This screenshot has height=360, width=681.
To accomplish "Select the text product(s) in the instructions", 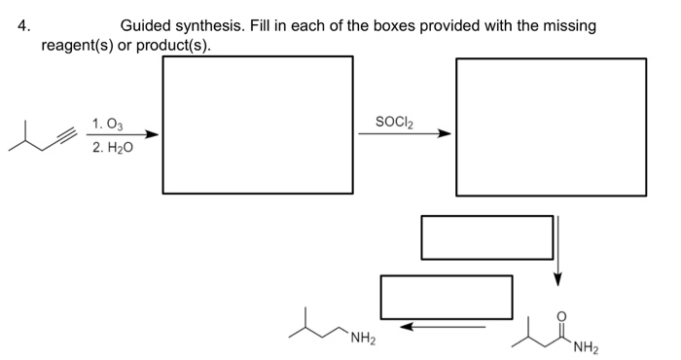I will (172, 45).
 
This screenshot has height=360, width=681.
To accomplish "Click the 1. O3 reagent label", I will (107, 124).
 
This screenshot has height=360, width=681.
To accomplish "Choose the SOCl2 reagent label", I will (397, 122).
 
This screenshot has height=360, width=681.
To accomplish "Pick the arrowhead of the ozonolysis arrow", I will (153, 136).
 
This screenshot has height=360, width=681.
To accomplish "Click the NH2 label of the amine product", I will (363, 339).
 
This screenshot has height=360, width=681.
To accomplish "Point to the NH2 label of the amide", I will (586, 346).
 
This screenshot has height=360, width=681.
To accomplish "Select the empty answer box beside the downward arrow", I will (486, 236).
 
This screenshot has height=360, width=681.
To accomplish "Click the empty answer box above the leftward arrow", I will (447, 297).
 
